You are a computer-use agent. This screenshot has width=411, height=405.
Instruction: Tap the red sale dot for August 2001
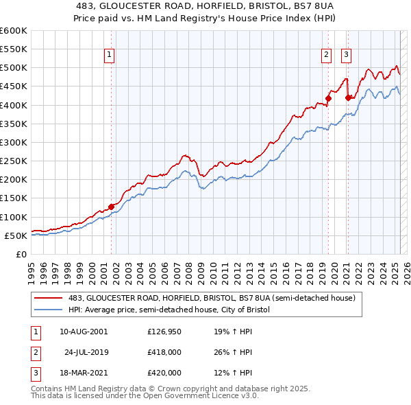pos(111,206)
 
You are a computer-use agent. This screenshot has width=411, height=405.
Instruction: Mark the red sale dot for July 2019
pos(328,98)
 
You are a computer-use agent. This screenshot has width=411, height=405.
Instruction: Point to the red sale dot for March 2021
pos(348,97)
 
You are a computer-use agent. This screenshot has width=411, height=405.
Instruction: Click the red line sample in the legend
pos(49,299)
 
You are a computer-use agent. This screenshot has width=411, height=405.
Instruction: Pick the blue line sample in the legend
pos(49,310)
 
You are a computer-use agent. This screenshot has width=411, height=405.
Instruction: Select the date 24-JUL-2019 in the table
pos(86,352)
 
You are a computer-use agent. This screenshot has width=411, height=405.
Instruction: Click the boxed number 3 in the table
pos(34,373)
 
